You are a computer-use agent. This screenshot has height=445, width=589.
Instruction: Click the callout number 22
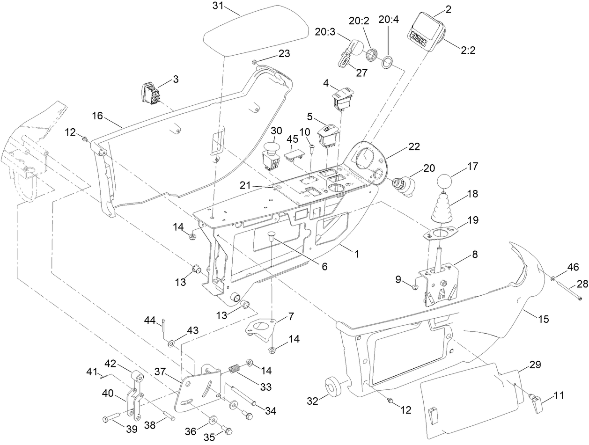[x=414, y=147]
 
